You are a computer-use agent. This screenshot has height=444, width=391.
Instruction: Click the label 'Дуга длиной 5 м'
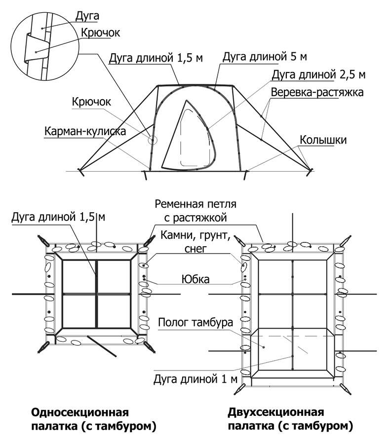pos(264,57)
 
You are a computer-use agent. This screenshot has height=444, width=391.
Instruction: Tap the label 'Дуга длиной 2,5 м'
pos(319,75)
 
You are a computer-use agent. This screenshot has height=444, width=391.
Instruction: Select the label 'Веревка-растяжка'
pos(317,92)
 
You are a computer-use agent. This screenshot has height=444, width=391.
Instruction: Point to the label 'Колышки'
pos(323,140)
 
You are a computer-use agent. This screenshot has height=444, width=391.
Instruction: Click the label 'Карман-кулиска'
pos(85,131)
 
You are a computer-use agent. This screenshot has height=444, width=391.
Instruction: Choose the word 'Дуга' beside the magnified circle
pos(87,16)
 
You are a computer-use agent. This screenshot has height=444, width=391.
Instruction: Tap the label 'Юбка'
pos(195,280)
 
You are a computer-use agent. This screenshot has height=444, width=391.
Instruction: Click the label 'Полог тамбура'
pos(195,322)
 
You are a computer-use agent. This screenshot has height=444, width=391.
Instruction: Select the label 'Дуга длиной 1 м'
pos(195,379)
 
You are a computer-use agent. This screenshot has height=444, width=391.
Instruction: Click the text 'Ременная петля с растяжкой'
pos(195,211)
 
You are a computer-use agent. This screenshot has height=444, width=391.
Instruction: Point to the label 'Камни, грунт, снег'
pos(195,242)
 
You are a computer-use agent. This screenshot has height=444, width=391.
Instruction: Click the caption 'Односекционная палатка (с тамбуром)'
pos(93,419)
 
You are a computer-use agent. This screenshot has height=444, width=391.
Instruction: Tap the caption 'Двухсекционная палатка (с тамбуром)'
pos(290,419)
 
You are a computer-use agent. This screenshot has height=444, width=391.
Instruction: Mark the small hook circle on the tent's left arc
pos(153,140)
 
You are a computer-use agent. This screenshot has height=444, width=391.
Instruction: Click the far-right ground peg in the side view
pos(310,172)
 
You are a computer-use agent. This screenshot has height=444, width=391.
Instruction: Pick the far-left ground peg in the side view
pos(81,172)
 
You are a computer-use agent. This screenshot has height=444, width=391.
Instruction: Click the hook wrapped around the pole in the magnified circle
pos(35,48)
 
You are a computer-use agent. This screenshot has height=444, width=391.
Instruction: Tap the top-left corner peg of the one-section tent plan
pos(43,241)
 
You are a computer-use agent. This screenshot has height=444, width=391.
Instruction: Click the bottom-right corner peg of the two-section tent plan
pos(346,389)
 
